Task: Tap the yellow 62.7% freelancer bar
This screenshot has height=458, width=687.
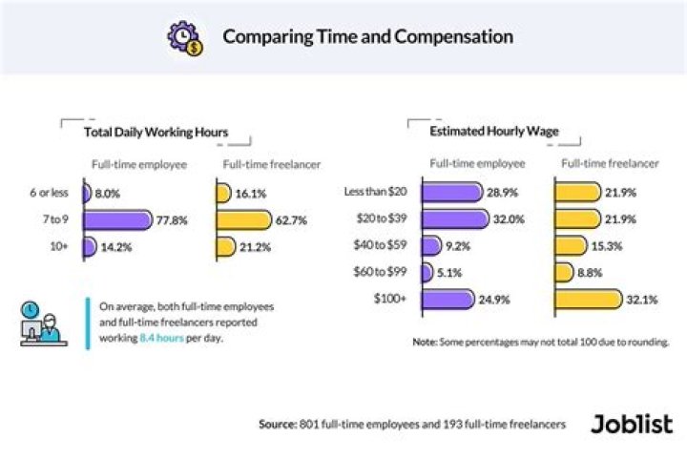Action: click(243, 220)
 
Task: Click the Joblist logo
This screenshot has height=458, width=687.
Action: click(631, 423)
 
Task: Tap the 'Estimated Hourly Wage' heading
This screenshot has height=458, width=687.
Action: click(494, 132)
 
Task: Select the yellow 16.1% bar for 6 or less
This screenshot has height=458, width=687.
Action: click(222, 194)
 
